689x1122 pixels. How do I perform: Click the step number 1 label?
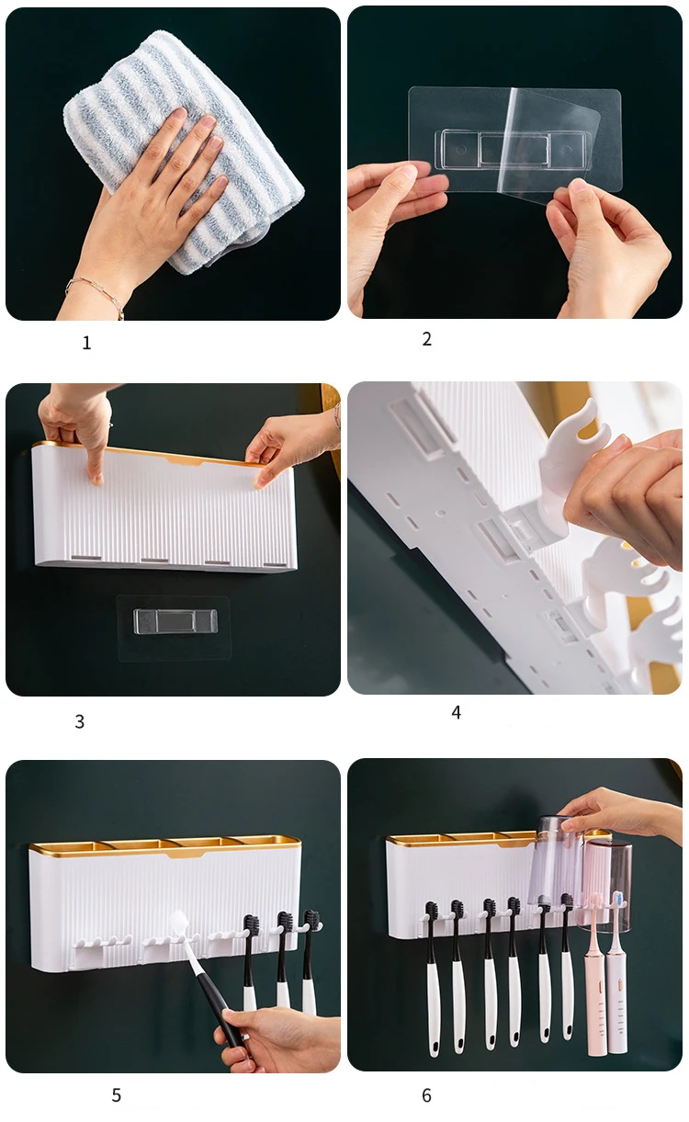point(86,343)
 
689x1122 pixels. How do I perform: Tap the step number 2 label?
point(426,339)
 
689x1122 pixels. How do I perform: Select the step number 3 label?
point(80,721)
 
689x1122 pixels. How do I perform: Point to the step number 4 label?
point(456,712)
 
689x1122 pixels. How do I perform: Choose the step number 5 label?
point(116,1095)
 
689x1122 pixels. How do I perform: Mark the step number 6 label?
point(426,1095)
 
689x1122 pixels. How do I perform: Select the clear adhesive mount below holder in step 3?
point(174,627)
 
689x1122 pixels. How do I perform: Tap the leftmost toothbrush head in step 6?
point(431,912)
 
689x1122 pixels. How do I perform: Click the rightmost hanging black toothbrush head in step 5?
point(311,921)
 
